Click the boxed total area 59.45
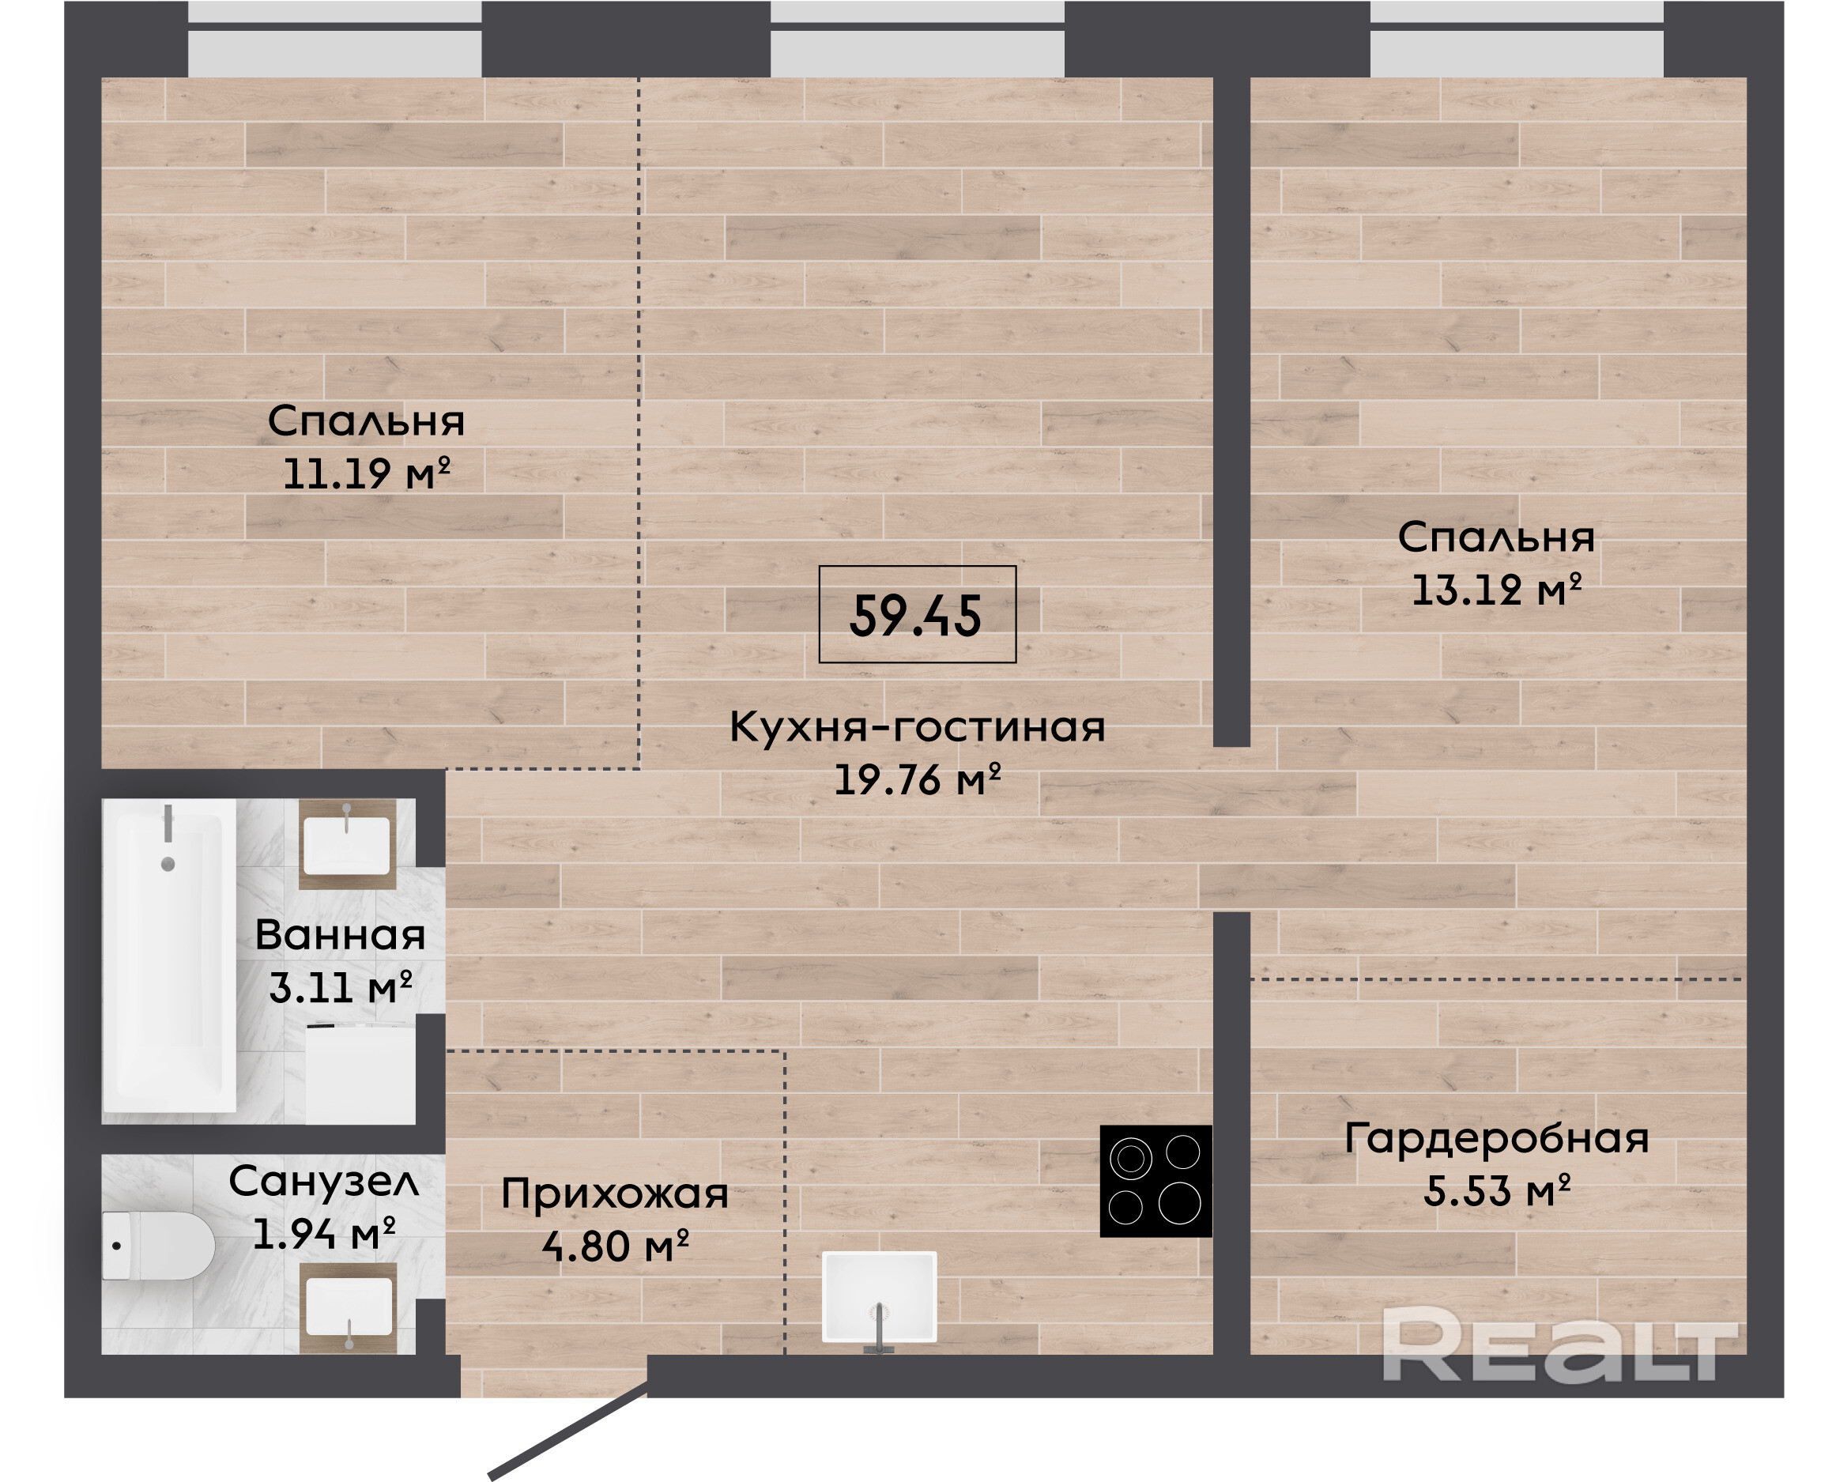click(917, 615)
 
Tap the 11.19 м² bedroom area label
click(366, 473)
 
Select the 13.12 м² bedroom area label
click(1496, 590)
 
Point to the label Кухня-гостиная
click(918, 727)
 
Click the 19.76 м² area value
click(917, 779)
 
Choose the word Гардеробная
click(1496, 1138)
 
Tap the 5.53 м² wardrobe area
click(1496, 1191)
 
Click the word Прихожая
click(615, 1194)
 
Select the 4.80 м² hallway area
click(615, 1246)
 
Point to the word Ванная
click(340, 935)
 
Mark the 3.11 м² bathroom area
click(340, 988)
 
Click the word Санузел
click(323, 1182)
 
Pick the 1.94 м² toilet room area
click(323, 1234)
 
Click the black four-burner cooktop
click(1156, 1181)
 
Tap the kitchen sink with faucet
click(879, 1300)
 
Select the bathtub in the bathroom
click(169, 956)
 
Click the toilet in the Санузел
click(158, 1246)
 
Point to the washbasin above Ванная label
click(348, 843)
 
